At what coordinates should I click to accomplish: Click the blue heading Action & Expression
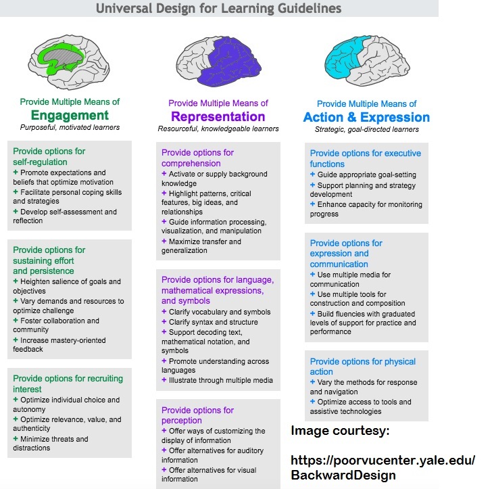coord(366,118)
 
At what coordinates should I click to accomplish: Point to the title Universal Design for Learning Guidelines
coord(218,9)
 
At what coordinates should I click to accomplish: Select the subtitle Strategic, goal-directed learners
coord(367,129)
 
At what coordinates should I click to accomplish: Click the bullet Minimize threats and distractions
coord(53,444)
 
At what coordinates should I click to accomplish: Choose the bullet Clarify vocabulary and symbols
coord(216,312)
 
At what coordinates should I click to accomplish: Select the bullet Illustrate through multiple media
coord(217,380)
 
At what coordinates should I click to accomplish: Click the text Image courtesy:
coord(339,432)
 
